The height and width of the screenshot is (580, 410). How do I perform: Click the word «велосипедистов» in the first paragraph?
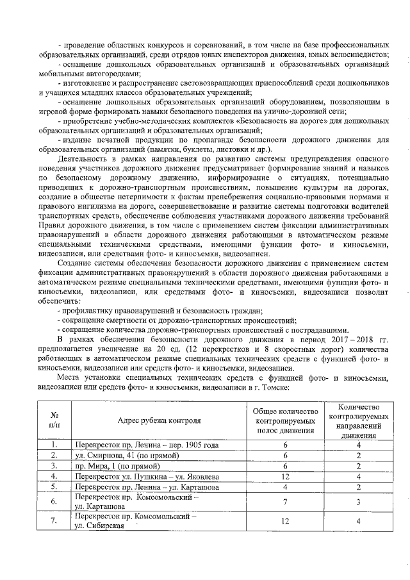click(x=361, y=55)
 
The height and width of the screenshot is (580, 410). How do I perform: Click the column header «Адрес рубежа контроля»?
click(x=159, y=420)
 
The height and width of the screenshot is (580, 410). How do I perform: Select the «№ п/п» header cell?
click(x=54, y=420)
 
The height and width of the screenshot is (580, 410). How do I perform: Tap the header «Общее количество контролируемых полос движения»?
click(x=285, y=420)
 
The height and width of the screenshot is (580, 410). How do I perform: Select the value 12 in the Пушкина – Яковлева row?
click(x=285, y=477)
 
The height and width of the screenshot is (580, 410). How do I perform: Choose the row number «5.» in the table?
click(x=54, y=487)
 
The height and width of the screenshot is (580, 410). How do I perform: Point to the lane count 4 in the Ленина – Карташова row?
click(x=285, y=487)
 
